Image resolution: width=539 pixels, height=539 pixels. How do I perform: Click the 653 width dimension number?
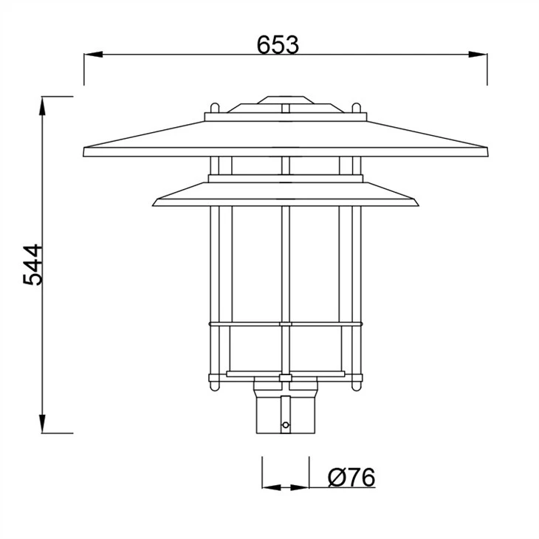tap(278, 45)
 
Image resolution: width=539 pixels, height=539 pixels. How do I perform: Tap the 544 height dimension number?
tap(33, 264)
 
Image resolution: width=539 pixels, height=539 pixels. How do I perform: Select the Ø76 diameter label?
tap(351, 477)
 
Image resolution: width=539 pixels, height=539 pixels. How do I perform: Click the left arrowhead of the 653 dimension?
tap(94, 55)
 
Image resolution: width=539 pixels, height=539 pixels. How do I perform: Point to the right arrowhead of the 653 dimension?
tap(478, 55)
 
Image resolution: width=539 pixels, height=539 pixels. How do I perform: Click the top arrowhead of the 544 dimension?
tap(42, 106)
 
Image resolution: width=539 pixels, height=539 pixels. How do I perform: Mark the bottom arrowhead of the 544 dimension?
tap(42, 424)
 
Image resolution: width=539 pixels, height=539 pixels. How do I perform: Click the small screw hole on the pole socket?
tap(285, 425)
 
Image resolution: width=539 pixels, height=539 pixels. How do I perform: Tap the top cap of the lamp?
tap(286, 100)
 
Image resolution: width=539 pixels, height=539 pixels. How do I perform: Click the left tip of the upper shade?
tap(84, 152)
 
